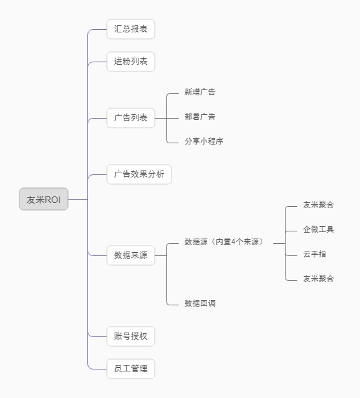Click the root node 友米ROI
click(x=43, y=200)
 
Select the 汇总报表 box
click(x=131, y=29)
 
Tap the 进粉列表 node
click(x=131, y=62)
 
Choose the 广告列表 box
click(x=131, y=118)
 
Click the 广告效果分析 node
click(x=139, y=174)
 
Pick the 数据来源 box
click(x=131, y=255)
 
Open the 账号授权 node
click(x=131, y=336)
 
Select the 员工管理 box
click(x=131, y=369)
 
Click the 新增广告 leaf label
click(x=200, y=92)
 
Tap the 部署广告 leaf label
click(x=200, y=117)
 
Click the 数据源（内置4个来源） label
click(x=224, y=242)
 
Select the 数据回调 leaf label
click(x=200, y=303)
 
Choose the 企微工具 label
click(x=319, y=229)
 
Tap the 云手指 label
click(x=315, y=254)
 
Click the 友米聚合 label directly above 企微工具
click(x=319, y=205)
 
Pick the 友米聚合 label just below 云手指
click(x=319, y=279)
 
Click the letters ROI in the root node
click(x=53, y=200)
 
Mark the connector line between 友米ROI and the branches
click(x=78, y=200)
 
